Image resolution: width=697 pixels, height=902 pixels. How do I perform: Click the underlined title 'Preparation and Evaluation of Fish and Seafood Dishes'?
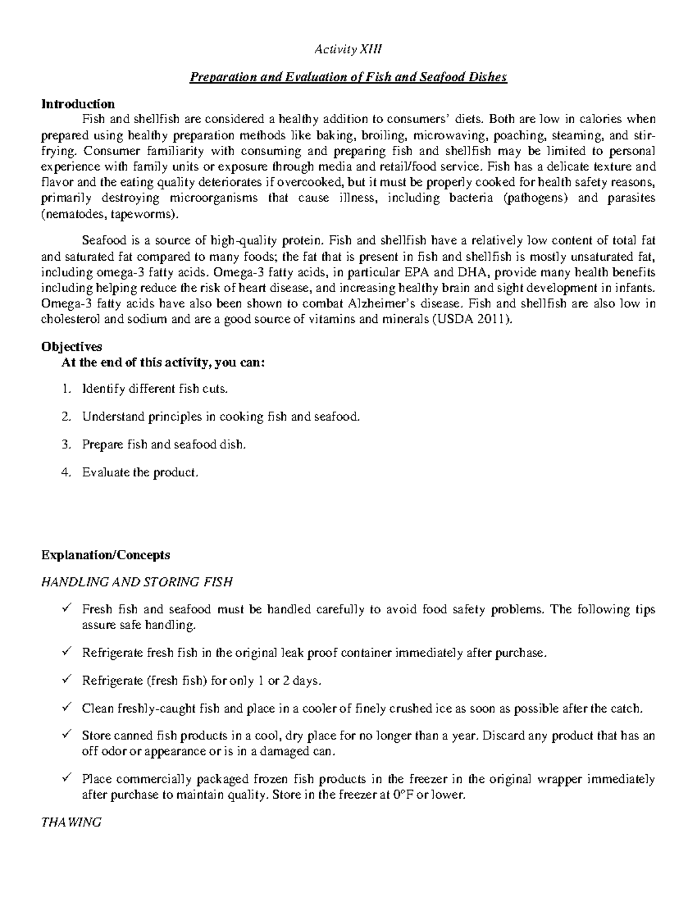348,77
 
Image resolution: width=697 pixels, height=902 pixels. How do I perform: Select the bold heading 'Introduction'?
78,104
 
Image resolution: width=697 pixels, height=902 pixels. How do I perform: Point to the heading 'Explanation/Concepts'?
105,555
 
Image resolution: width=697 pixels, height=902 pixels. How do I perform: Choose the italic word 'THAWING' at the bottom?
71,822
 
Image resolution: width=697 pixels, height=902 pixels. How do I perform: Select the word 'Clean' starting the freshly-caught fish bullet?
97,709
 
